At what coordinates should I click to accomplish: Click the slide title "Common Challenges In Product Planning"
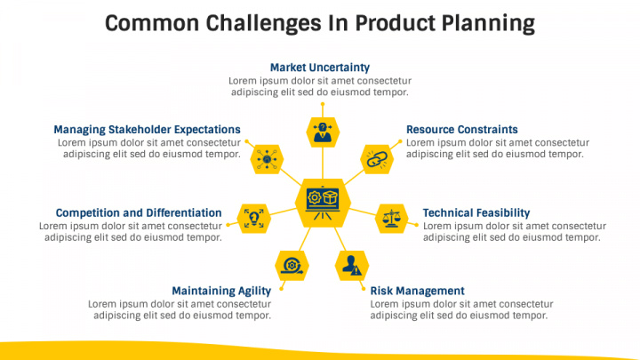pyautogui.click(x=320, y=22)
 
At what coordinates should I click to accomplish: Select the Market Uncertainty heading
pyautogui.click(x=320, y=68)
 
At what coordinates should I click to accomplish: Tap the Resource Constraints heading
pyautogui.click(x=461, y=130)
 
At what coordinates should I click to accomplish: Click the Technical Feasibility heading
pyautogui.click(x=476, y=213)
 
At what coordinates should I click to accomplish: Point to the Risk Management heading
pyautogui.click(x=417, y=291)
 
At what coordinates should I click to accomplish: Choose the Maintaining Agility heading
pyautogui.click(x=221, y=291)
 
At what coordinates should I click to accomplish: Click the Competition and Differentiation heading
pyautogui.click(x=139, y=213)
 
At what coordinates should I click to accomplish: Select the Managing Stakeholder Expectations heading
pyautogui.click(x=147, y=130)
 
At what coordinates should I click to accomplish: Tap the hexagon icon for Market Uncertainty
pyautogui.click(x=322, y=132)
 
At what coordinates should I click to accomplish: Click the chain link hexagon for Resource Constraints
pyautogui.click(x=375, y=158)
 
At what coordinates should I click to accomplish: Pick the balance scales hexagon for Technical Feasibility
pyautogui.click(x=391, y=218)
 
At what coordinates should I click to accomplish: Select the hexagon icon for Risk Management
pyautogui.click(x=352, y=264)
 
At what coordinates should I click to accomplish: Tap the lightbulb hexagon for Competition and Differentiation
pyautogui.click(x=254, y=218)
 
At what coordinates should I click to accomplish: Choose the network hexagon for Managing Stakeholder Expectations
pyautogui.click(x=267, y=158)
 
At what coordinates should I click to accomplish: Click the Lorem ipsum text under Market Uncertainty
pyautogui.click(x=320, y=86)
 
